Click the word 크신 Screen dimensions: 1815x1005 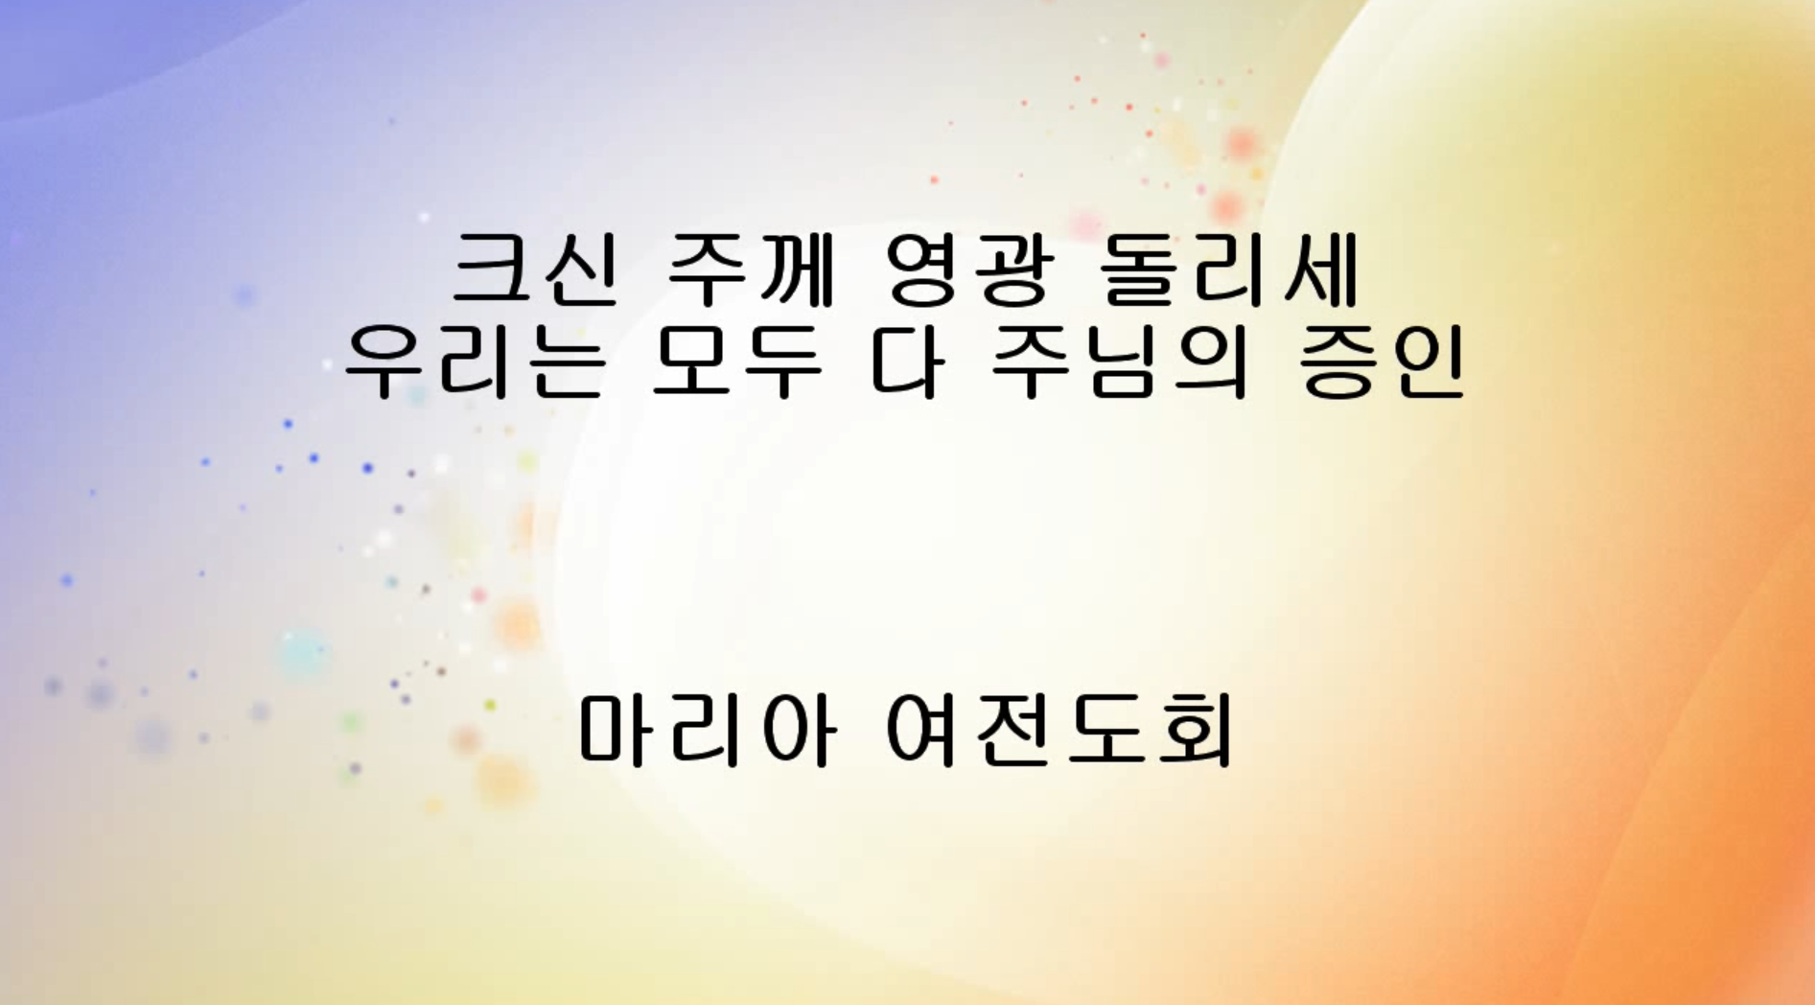[535, 269]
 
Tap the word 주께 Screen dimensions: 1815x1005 [750, 269]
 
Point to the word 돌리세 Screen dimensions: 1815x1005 [1230, 269]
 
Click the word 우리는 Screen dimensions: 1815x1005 [475, 362]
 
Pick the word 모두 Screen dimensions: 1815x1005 [736, 362]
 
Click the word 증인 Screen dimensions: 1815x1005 [1382, 362]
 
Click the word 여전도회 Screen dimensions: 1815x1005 [1059, 731]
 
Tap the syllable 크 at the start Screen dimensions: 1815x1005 [492, 269]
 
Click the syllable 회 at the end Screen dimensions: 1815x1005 [1195, 731]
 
